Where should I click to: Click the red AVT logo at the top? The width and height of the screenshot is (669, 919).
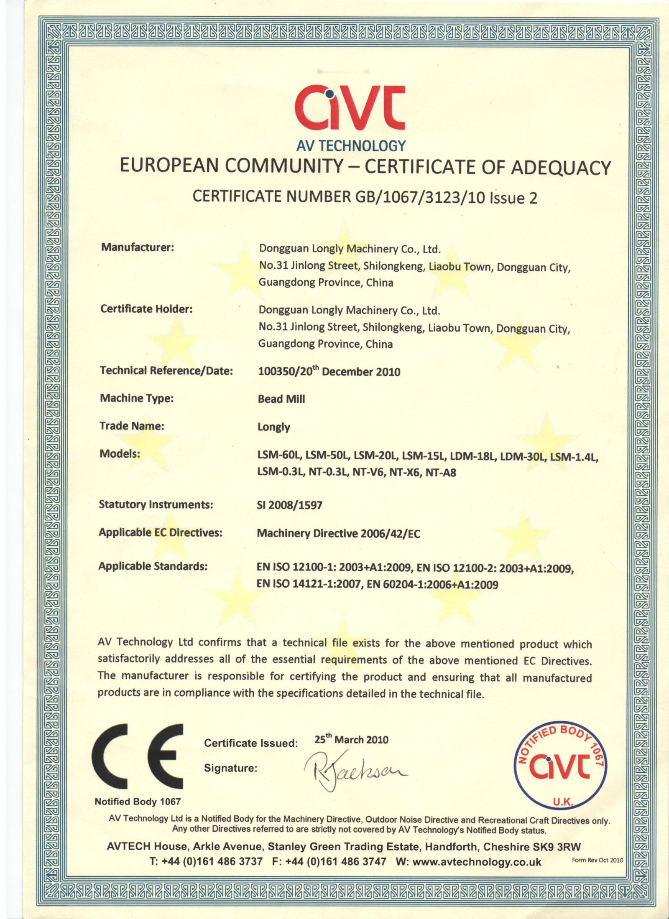[x=350, y=108]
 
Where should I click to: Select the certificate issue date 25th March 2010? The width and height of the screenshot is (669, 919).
[x=351, y=740]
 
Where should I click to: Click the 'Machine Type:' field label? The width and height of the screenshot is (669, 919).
[x=137, y=398]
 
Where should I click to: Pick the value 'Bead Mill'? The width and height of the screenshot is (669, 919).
[x=281, y=399]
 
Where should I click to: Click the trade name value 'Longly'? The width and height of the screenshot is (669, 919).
[x=274, y=427]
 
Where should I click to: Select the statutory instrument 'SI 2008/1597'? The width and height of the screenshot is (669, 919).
[x=289, y=505]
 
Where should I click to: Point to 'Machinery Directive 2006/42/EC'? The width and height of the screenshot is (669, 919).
[x=338, y=534]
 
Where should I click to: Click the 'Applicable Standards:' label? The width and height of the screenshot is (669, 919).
[x=153, y=566]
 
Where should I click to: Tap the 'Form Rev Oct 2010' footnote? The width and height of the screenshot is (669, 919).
[x=597, y=860]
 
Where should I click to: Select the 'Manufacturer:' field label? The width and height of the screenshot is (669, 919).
[x=138, y=247]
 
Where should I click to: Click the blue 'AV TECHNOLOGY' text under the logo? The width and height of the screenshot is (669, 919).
[x=351, y=145]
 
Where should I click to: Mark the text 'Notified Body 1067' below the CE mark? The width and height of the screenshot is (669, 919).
[x=138, y=802]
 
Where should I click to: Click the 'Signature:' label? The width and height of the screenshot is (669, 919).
[x=230, y=768]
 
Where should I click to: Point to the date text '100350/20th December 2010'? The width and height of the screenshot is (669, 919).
[x=329, y=372]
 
